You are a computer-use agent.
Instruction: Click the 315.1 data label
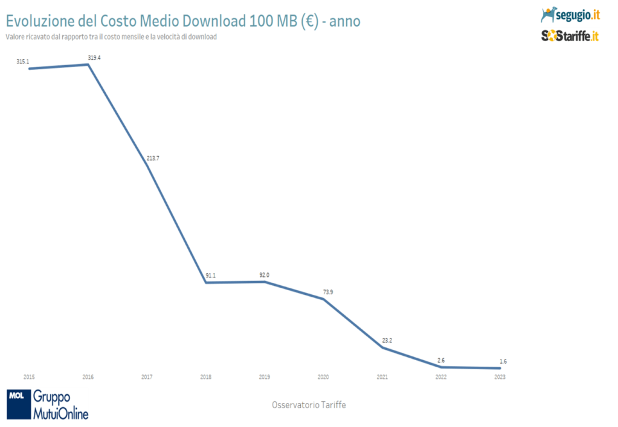click(x=22, y=61)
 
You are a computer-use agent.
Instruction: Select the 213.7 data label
click(x=153, y=158)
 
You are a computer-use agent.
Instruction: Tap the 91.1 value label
click(x=210, y=276)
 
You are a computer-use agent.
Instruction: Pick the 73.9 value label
click(x=328, y=292)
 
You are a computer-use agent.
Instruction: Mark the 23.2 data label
click(x=387, y=341)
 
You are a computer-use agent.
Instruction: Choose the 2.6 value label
click(x=440, y=360)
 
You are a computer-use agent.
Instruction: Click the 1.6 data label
click(x=503, y=361)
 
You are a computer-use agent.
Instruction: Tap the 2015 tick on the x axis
click(x=28, y=376)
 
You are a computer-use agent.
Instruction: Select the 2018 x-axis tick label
click(x=205, y=376)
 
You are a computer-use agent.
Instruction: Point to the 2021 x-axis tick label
click(x=382, y=376)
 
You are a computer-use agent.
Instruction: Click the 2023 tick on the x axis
click(x=500, y=376)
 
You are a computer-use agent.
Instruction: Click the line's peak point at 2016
click(x=89, y=64)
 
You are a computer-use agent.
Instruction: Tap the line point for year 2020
click(x=324, y=299)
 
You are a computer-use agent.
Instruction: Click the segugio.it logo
click(x=570, y=13)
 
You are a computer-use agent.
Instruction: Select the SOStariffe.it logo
click(x=570, y=36)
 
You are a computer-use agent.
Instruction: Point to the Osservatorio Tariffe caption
click(x=309, y=405)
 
